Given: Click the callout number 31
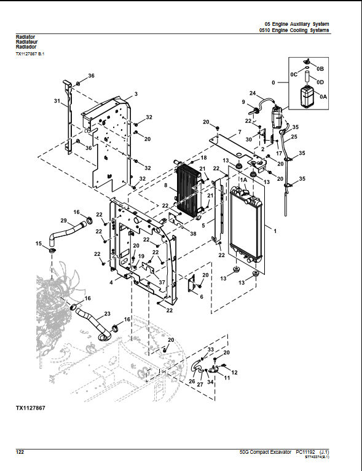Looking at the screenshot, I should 57,101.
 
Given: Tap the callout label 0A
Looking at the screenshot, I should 323,97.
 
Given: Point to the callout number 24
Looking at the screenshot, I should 252,92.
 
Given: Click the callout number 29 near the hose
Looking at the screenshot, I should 63,221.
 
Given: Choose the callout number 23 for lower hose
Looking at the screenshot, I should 107,314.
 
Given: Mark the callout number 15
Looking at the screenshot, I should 39,244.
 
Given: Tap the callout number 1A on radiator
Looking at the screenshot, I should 243,179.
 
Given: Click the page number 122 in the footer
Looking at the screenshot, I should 20,452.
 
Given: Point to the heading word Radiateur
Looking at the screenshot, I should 26,42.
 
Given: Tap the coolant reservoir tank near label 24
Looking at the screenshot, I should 275,116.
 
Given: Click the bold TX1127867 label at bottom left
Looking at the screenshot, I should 30,408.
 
